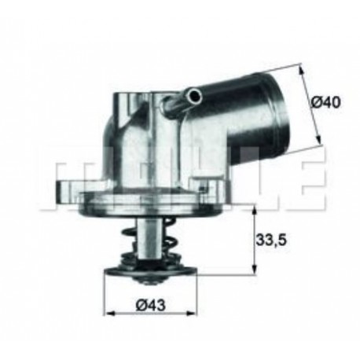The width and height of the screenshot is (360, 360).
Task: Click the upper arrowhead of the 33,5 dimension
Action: [254, 210]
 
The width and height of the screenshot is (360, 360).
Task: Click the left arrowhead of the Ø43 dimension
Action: [110, 314]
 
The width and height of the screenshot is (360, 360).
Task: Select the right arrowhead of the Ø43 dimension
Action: [183, 314]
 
